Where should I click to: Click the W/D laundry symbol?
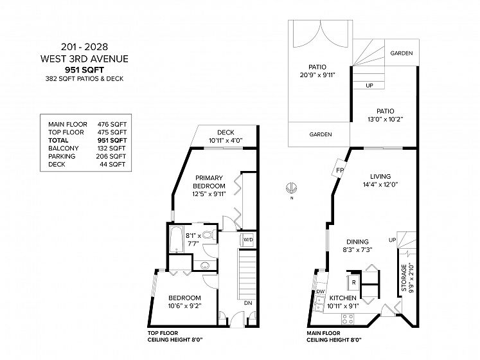coord(248,239)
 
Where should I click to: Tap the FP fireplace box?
coord(339,170)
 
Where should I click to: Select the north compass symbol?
coord(291,188)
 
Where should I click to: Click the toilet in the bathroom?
coord(209,235)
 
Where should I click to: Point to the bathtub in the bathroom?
coord(176,239)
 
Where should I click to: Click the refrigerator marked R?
coord(353,282)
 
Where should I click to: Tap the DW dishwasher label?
coord(321,291)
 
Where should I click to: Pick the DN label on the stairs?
coord(248,303)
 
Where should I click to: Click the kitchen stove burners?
coord(348,319)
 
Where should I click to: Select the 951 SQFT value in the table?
coord(112,140)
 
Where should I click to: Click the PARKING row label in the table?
coord(62,156)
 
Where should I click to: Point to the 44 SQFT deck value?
coord(112,164)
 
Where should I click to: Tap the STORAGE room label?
coord(404,278)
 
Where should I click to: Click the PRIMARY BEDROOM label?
coord(209,182)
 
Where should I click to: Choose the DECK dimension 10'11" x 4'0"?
coord(226,141)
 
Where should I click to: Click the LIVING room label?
coord(380,176)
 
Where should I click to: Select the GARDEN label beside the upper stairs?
coord(402,53)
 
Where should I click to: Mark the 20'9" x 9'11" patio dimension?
coord(317,75)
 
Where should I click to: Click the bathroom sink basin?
coord(205,265)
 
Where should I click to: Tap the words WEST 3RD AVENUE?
coord(84,59)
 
